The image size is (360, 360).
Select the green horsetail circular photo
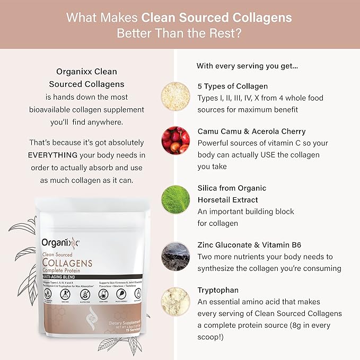[x=175, y=199]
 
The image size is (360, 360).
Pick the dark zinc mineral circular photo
[x=175, y=256]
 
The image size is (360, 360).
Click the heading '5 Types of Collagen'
[x=233, y=86]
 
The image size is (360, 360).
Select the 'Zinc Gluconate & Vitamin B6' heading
[x=259, y=245]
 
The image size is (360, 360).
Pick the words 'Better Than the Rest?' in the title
[x=180, y=33]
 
